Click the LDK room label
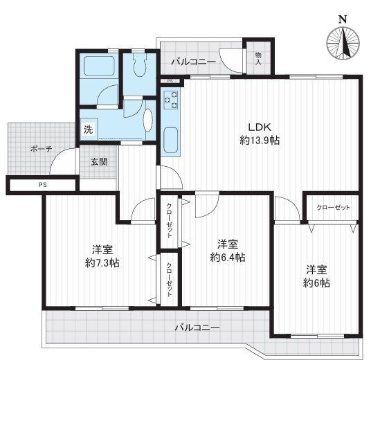[259, 127]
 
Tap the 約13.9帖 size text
[260, 141]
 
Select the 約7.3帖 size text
[102, 263]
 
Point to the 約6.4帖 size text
[228, 258]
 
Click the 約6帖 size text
[317, 283]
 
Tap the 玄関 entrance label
[99, 161]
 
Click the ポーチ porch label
[41, 149]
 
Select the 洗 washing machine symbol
[89, 129]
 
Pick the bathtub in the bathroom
[100, 66]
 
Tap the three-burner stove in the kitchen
[171, 100]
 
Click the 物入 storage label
[258, 59]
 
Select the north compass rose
[343, 43]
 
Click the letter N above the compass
[343, 19]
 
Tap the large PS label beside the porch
[42, 185]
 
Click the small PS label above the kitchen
[170, 81]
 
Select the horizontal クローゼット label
[333, 208]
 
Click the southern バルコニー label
[197, 328]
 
